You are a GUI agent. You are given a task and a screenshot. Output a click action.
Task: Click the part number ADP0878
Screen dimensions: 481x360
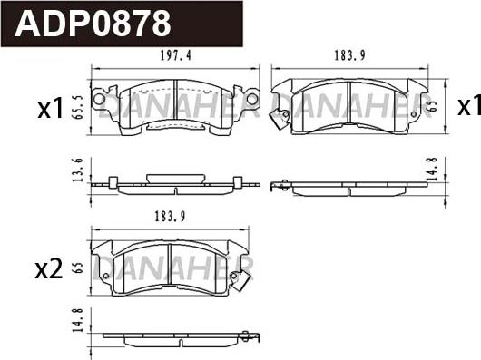coord(93,24)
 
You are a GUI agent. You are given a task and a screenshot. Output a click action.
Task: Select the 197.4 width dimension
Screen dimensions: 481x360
coord(175,55)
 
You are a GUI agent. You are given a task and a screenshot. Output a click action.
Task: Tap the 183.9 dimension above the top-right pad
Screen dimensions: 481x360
coord(349,55)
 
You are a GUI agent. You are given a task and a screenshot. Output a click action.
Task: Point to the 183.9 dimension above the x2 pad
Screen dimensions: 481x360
coord(170,217)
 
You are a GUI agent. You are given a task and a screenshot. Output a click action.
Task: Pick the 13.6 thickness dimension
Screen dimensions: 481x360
coord(77,170)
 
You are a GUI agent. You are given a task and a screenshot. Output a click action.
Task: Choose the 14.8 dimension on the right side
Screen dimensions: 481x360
coord(432,169)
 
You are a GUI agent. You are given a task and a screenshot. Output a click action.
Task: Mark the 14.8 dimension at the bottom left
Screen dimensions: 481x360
coord(78,320)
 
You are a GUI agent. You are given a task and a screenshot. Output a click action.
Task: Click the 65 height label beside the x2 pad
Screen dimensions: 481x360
coord(79,268)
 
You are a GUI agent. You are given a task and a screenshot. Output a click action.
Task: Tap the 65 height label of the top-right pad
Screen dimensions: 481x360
coord(432,106)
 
